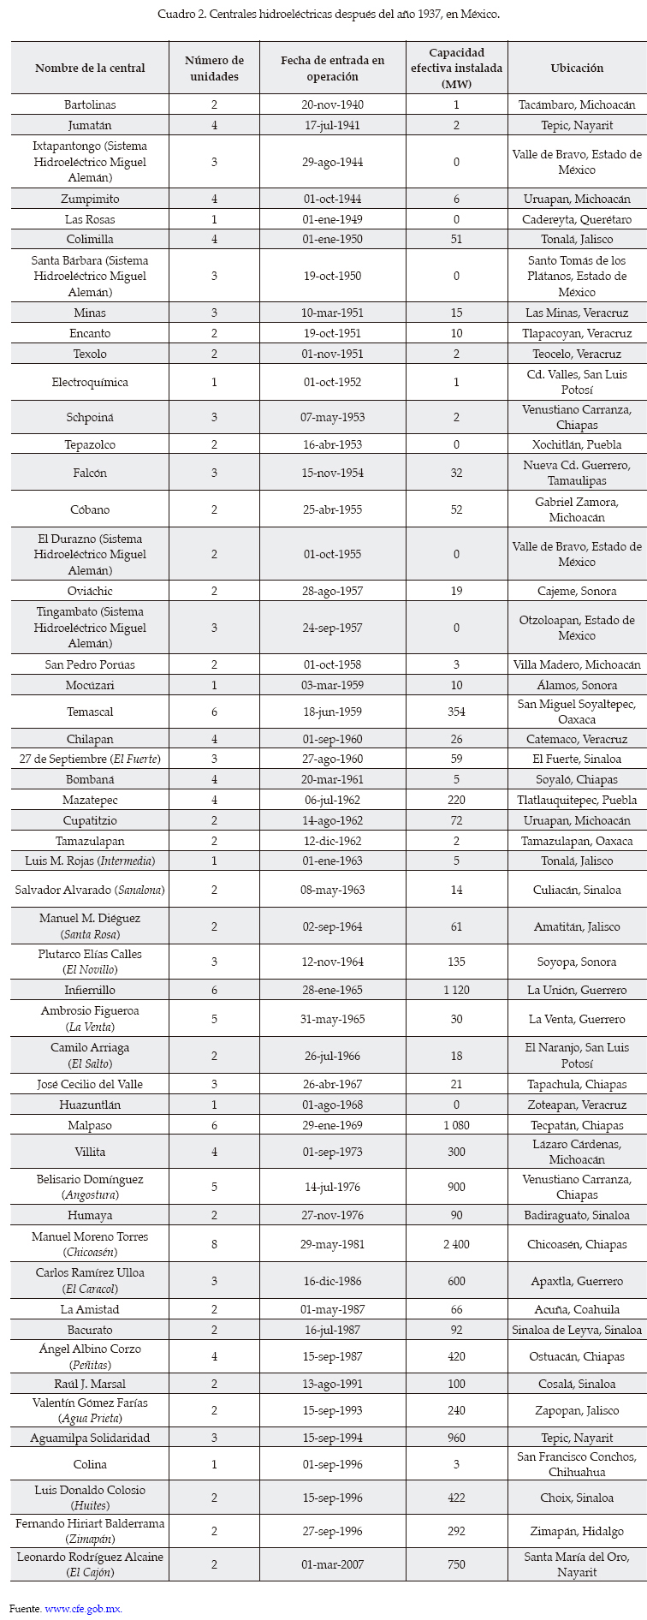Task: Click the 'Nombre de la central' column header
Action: tap(90, 68)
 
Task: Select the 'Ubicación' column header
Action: tap(577, 68)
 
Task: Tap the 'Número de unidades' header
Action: tap(214, 68)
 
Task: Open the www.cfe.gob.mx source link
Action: tap(83, 1608)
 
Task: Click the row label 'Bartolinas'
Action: tap(90, 104)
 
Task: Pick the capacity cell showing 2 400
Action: tap(456, 1244)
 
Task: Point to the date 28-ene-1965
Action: tap(333, 990)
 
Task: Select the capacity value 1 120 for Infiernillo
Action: tap(456, 990)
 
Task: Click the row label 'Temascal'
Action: tap(90, 712)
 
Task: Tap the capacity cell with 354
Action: tap(456, 712)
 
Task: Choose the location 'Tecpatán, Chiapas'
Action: tap(577, 1125)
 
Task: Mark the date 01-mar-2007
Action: tap(333, 1564)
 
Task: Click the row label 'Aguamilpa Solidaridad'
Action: tap(90, 1438)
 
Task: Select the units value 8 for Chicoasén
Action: tap(214, 1244)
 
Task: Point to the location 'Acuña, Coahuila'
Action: tap(577, 1309)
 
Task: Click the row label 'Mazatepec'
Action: tap(90, 800)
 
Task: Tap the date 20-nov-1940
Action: tap(333, 104)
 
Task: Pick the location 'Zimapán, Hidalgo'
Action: tap(577, 1531)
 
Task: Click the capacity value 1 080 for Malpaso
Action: tap(456, 1125)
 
